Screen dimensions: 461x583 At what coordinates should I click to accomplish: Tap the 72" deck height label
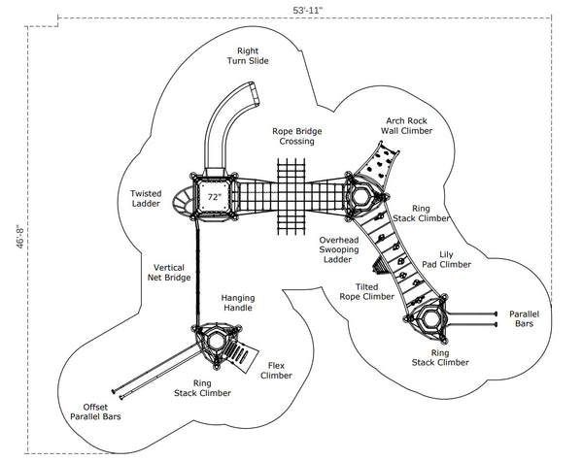pyautogui.click(x=215, y=197)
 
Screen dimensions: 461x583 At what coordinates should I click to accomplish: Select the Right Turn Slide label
pyautogui.click(x=247, y=54)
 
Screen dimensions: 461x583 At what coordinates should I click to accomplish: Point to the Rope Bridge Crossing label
pyautogui.click(x=297, y=136)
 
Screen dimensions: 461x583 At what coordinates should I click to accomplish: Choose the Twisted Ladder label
pyautogui.click(x=146, y=198)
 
